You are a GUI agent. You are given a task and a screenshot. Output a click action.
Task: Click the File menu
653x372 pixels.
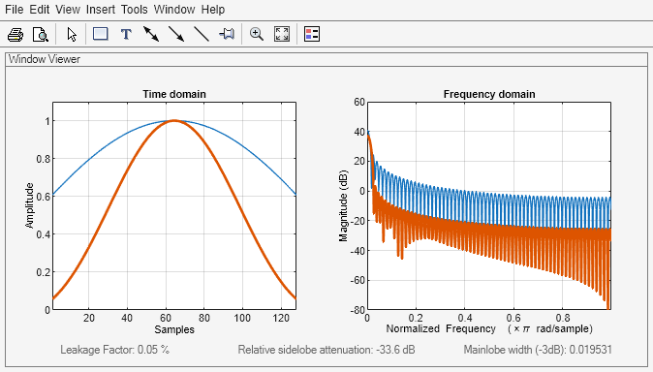[15, 9]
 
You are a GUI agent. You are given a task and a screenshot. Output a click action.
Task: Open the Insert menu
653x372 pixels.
[100, 9]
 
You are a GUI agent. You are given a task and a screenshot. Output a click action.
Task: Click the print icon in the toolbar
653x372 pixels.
[16, 34]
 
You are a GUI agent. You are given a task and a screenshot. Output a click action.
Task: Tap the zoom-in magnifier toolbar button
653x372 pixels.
[257, 34]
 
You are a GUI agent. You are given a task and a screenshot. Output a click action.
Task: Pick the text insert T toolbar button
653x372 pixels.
[125, 34]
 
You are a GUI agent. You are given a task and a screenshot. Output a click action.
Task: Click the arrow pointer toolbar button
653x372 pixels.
[72, 34]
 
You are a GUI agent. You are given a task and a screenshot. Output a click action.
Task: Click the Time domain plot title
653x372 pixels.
[174, 94]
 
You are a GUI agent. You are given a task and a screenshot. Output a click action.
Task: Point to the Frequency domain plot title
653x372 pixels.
[489, 94]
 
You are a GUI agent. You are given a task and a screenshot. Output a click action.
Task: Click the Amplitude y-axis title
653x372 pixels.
[31, 205]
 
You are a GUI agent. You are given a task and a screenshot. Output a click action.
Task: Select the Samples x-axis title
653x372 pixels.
[174, 330]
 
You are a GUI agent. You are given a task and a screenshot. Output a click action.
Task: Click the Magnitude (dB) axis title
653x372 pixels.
[343, 205]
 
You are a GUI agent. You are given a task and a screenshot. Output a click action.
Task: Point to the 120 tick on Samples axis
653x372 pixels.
[277, 318]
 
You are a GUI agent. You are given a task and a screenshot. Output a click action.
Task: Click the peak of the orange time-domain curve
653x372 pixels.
[174, 120]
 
